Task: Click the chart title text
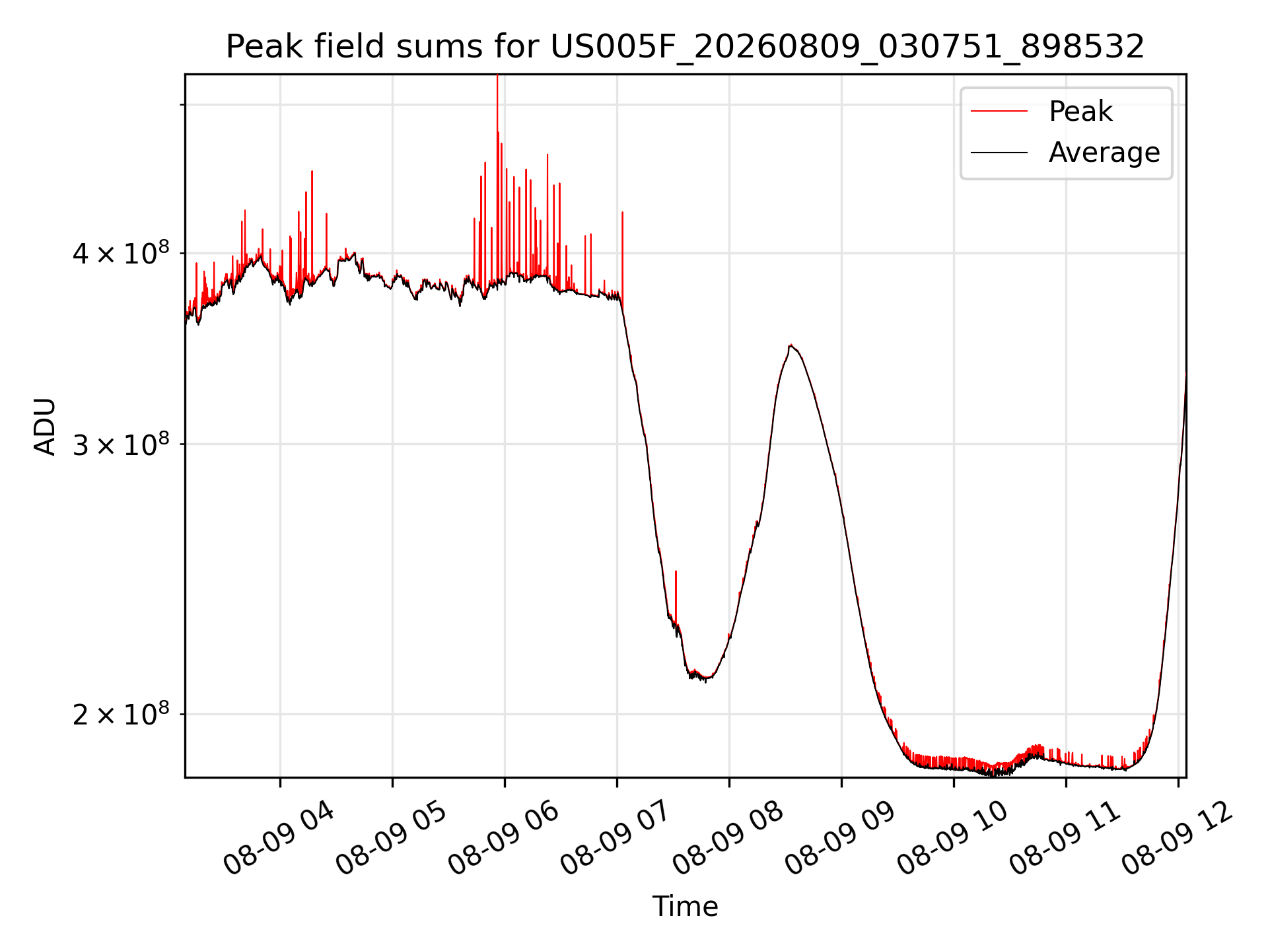(685, 47)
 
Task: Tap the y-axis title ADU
(45, 426)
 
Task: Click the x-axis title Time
(685, 906)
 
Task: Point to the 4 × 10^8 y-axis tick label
(121, 253)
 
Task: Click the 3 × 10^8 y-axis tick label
(121, 444)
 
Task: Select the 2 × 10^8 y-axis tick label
(121, 715)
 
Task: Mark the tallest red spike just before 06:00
(497, 76)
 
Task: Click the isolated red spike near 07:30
(676, 572)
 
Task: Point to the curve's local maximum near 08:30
(791, 345)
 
